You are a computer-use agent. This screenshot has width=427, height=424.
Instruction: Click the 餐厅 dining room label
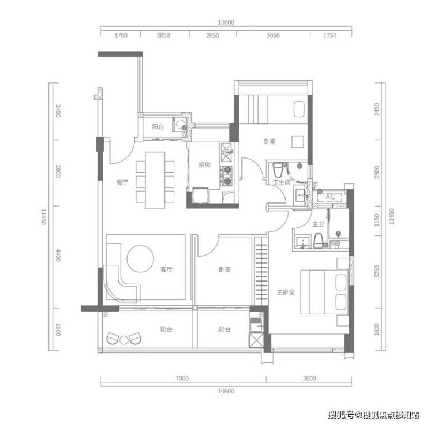[x=122, y=182]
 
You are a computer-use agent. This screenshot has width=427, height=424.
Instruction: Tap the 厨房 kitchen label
[x=204, y=165]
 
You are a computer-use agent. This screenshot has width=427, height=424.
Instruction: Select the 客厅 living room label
[x=166, y=269]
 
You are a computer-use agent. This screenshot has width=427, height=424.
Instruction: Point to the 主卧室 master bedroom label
[x=286, y=292]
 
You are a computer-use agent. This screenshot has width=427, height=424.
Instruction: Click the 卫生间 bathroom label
[x=282, y=182]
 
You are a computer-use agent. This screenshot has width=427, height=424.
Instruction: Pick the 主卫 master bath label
[x=318, y=224]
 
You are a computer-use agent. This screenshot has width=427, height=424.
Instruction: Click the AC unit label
[x=330, y=196]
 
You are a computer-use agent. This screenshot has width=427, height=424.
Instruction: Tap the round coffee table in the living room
[x=140, y=258]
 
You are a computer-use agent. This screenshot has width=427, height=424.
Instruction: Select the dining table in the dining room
[x=155, y=181]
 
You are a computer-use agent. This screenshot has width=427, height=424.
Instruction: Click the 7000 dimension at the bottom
[x=182, y=378]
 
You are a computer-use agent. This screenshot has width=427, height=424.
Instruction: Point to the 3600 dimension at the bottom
[x=309, y=378]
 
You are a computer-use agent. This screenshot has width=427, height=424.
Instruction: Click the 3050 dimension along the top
[x=273, y=36]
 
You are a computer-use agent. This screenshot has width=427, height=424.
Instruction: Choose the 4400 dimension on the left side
[x=58, y=255]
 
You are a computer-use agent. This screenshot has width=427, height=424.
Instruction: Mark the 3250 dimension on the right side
[x=377, y=272]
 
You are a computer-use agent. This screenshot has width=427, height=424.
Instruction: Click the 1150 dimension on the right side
[x=377, y=220]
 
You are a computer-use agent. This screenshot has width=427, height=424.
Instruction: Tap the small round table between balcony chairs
[x=124, y=340]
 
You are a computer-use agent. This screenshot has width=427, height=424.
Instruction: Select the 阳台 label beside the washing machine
[x=158, y=127]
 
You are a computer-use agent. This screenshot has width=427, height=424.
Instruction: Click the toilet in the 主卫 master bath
[x=318, y=241]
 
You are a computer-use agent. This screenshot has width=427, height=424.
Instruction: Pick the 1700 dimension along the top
[x=121, y=36]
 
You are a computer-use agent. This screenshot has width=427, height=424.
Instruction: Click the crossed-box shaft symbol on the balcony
[x=256, y=340]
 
